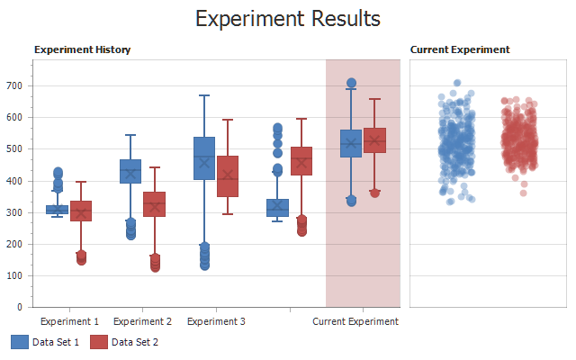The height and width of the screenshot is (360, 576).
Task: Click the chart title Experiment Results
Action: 288,19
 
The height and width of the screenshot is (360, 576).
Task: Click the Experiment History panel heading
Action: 82,49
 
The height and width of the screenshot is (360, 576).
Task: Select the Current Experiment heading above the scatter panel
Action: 460,49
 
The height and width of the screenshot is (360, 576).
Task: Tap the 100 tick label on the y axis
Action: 18,275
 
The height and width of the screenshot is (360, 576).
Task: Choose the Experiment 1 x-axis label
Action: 70,321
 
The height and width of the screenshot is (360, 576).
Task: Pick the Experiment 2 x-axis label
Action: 142,321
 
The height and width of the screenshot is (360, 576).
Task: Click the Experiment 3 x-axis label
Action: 216,321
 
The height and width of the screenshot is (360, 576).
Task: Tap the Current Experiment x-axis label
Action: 355,321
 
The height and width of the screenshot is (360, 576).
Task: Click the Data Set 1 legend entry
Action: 45,342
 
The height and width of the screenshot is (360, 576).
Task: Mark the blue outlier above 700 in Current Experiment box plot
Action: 351,83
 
